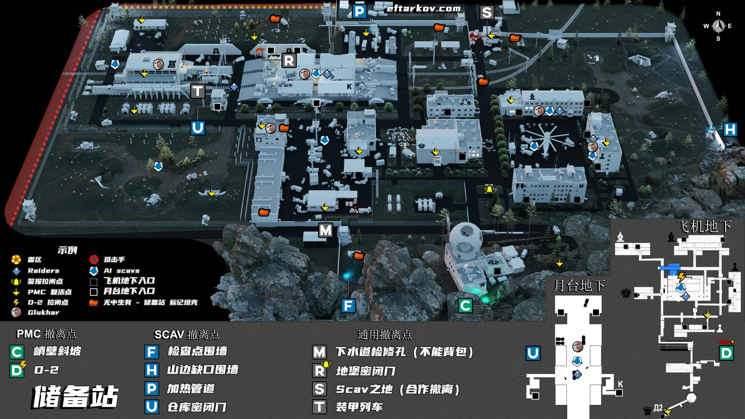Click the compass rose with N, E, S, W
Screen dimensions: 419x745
click(x=718, y=26)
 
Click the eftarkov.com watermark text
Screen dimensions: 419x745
click(x=423, y=9)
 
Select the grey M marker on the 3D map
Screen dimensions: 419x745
click(x=325, y=230)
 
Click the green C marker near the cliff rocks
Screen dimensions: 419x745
click(x=465, y=306)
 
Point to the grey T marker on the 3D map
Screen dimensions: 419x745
click(x=198, y=91)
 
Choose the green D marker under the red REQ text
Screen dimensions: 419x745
click(x=726, y=353)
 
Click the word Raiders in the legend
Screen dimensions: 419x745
click(x=44, y=271)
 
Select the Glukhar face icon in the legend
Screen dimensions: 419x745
click(x=16, y=312)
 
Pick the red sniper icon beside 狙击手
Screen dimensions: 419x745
click(x=94, y=259)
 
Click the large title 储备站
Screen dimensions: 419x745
click(x=75, y=397)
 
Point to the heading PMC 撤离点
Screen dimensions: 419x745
click(x=47, y=334)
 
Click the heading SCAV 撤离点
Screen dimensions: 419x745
click(x=187, y=335)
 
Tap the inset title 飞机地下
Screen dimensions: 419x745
click(x=704, y=226)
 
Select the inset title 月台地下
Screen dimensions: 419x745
click(x=579, y=285)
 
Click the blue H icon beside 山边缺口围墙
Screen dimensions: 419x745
click(x=152, y=370)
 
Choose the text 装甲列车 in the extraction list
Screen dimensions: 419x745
click(x=359, y=407)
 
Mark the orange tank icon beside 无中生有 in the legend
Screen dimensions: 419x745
click(x=93, y=303)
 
